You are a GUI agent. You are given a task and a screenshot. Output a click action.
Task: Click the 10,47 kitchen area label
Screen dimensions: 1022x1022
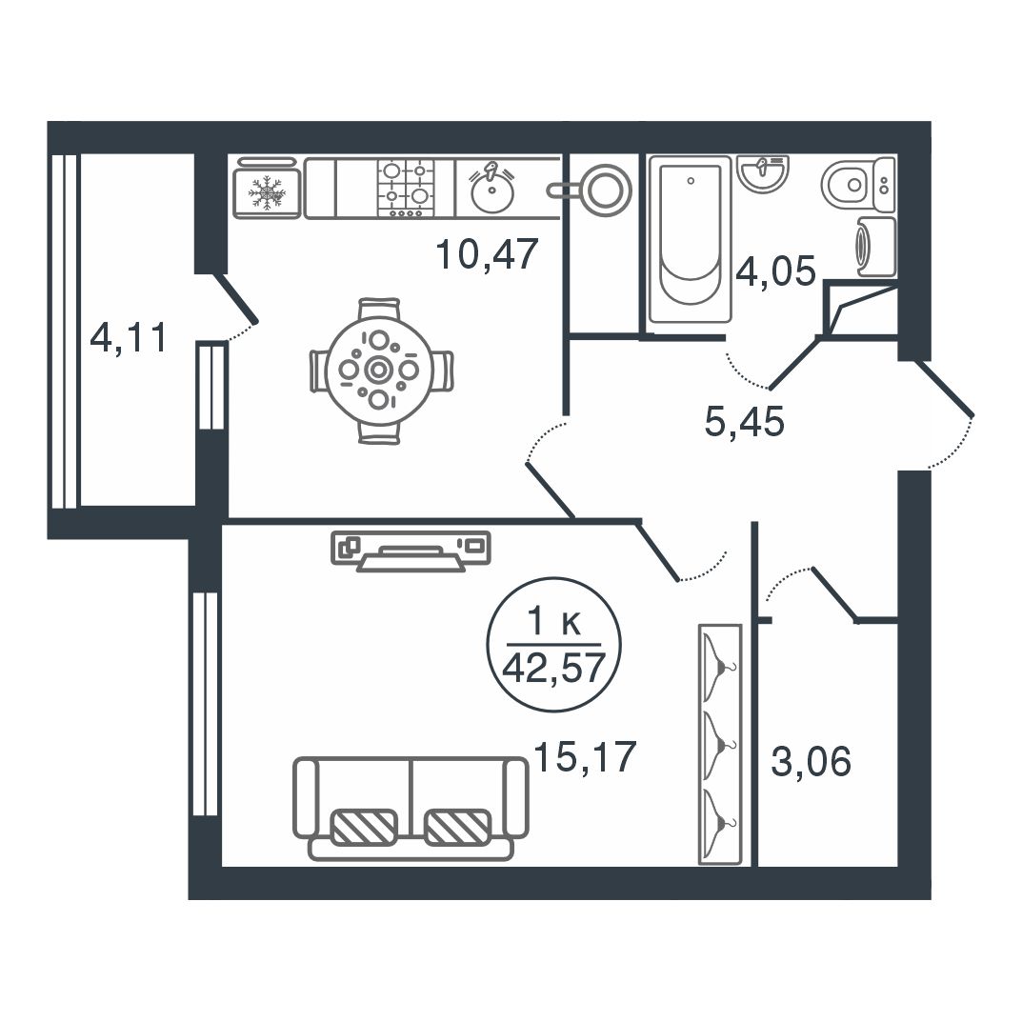[x=487, y=254]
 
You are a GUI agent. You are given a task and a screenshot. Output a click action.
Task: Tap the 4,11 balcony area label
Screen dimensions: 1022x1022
[x=129, y=337]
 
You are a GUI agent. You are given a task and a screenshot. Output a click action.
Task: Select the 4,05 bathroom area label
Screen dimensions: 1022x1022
[x=775, y=271]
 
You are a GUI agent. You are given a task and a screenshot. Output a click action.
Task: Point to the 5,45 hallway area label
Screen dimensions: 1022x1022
[x=744, y=421]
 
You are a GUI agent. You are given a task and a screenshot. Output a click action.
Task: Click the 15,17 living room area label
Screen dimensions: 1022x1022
[x=585, y=756]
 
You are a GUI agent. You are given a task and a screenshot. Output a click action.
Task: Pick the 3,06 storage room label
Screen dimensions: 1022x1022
[x=811, y=761]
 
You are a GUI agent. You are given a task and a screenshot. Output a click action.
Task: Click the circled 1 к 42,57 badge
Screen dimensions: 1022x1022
[x=554, y=645]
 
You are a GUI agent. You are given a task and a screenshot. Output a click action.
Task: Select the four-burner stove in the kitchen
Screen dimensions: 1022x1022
[x=406, y=188]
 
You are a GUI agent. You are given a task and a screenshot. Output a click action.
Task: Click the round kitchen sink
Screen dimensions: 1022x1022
[x=492, y=191]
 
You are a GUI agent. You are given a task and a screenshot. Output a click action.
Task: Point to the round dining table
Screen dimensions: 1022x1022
[x=381, y=371]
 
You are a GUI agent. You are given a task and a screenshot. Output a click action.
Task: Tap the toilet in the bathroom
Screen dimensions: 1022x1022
[x=858, y=185]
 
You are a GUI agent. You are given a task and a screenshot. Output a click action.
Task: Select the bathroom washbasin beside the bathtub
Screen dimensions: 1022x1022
[x=763, y=173]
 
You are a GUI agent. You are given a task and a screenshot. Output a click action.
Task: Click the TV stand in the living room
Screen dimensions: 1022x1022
[x=411, y=551]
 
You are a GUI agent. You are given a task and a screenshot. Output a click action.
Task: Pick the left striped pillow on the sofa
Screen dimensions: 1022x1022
[x=364, y=827]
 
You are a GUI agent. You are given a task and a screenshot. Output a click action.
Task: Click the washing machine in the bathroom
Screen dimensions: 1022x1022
[x=876, y=247]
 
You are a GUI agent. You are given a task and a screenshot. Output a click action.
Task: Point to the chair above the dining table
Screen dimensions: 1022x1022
[x=380, y=310]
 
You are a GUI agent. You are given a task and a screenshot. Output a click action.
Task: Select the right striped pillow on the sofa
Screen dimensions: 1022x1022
[x=457, y=827]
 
